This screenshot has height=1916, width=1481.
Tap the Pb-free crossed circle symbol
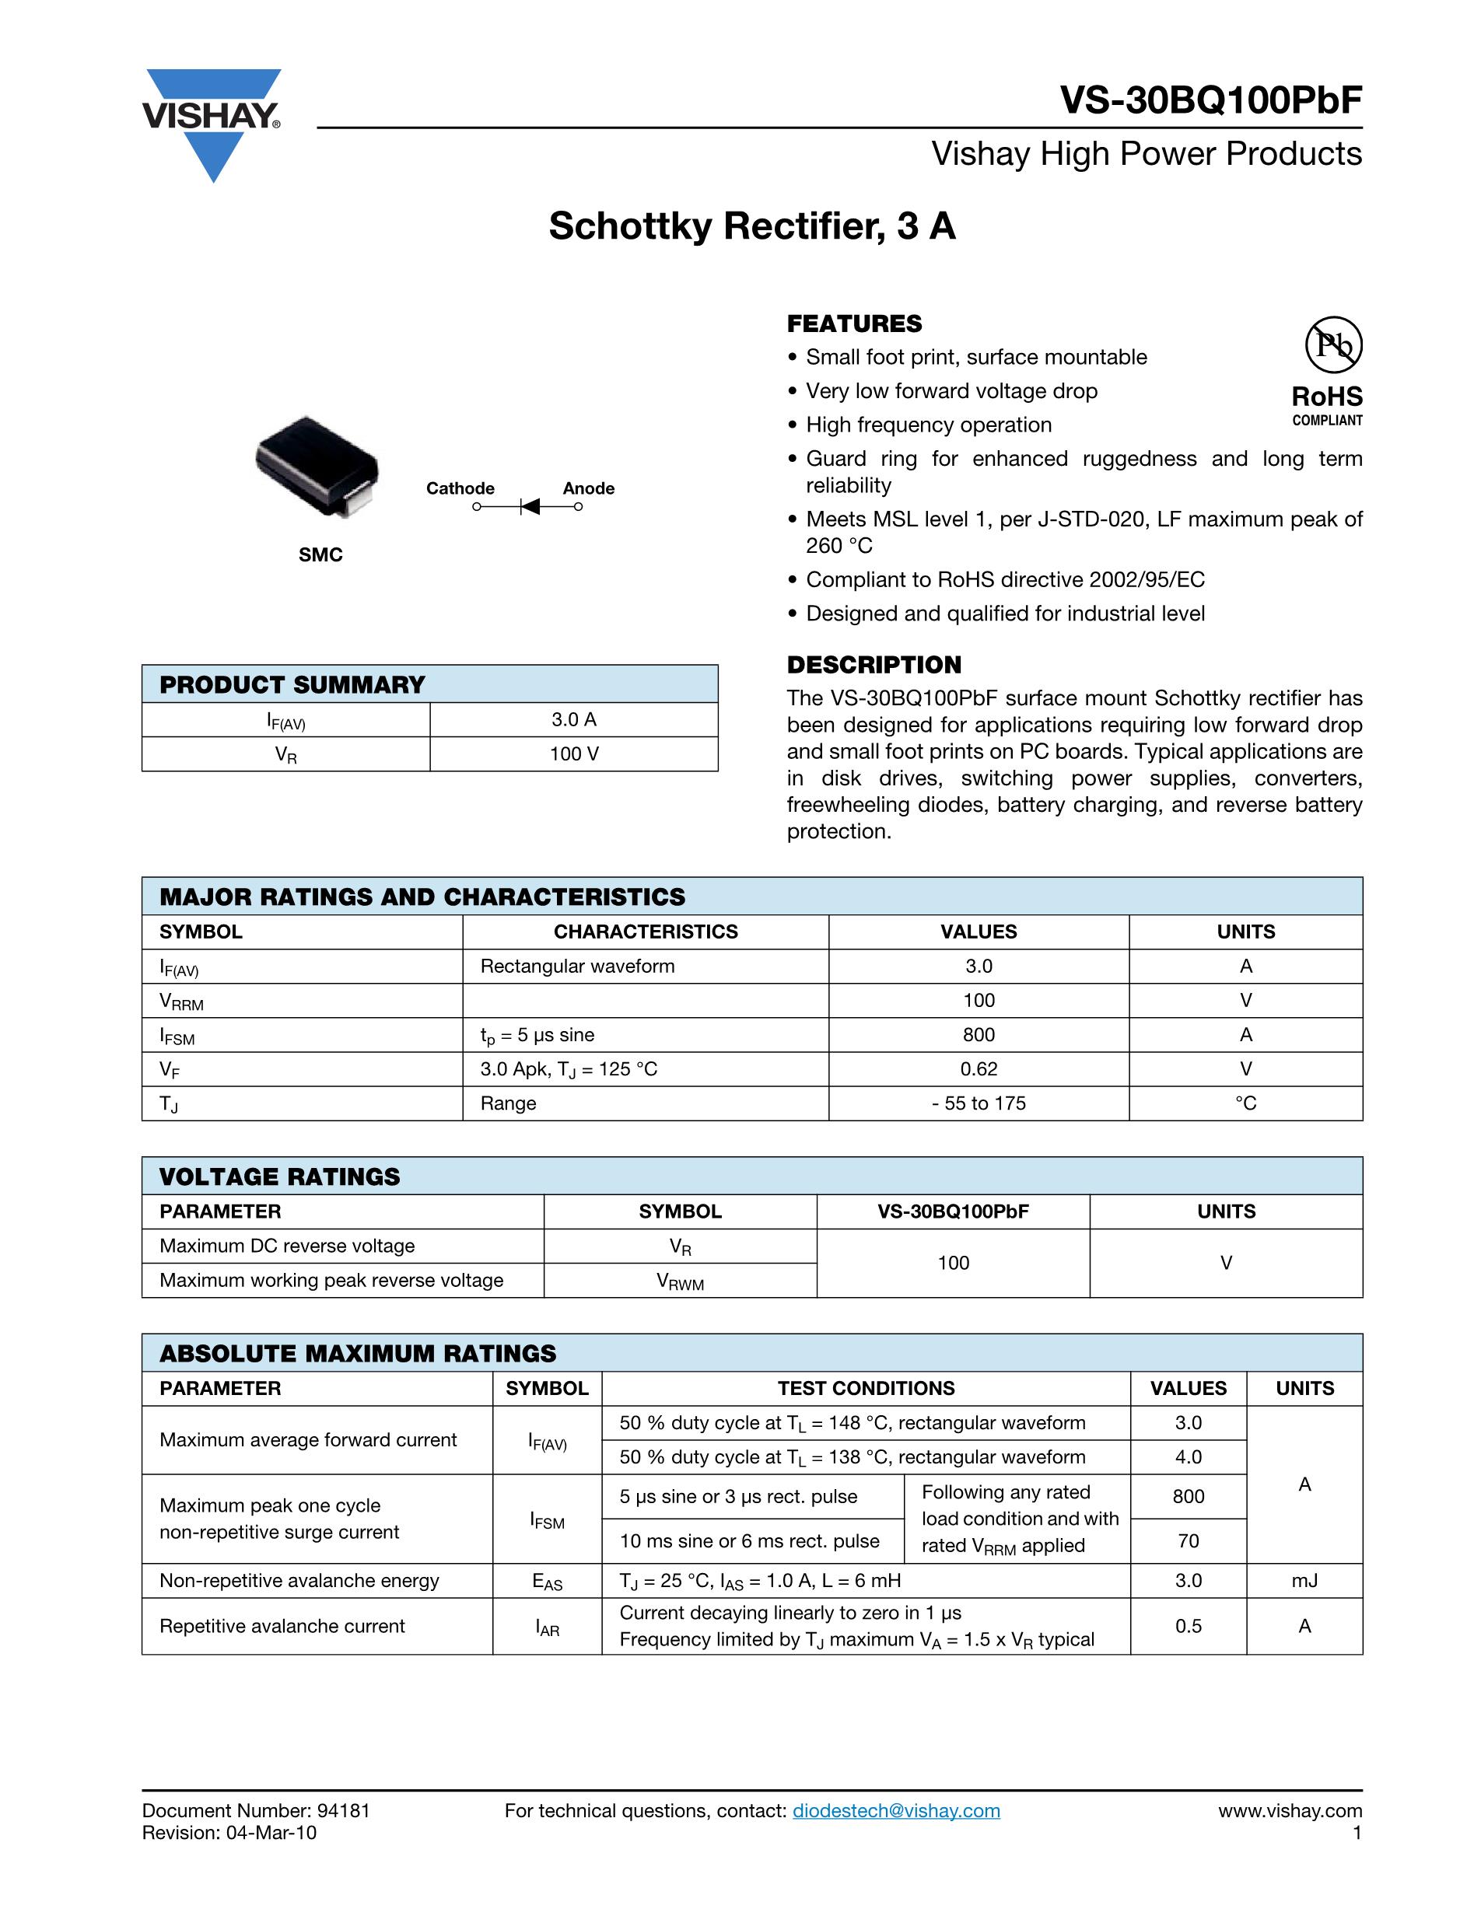point(1332,344)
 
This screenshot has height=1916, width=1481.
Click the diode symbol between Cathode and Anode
point(529,506)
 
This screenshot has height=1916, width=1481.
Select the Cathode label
point(460,488)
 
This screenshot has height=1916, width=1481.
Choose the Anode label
point(588,488)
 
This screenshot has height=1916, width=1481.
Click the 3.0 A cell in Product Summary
point(574,719)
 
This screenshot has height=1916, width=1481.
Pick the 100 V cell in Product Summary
point(574,753)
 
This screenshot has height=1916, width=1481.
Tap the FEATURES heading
point(854,323)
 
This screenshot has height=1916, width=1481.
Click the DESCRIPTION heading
point(874,664)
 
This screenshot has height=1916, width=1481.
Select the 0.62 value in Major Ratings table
point(979,1068)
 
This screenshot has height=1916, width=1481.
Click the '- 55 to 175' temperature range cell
point(979,1103)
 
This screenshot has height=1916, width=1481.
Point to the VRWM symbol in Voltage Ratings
point(680,1281)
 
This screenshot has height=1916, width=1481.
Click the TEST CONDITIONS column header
point(866,1388)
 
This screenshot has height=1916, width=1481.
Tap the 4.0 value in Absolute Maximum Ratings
point(1188,1456)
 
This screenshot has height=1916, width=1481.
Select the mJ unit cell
point(1304,1580)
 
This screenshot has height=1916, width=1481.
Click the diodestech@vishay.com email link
point(896,1811)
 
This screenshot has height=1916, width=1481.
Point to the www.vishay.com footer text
point(1289,1811)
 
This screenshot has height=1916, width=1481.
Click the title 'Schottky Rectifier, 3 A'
point(752,226)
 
